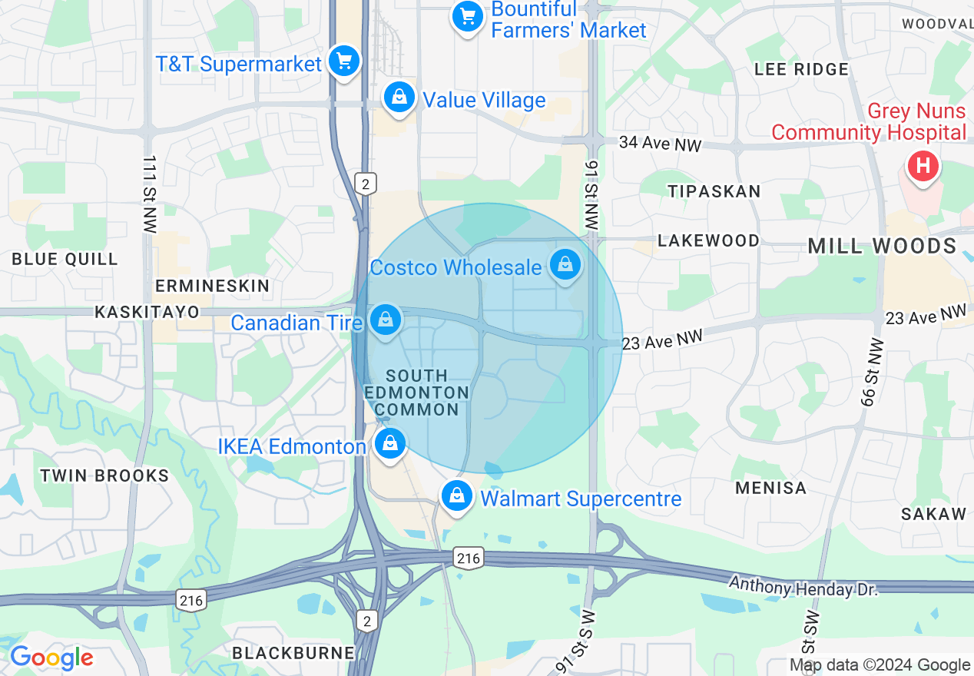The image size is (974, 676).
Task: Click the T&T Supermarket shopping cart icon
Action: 343,61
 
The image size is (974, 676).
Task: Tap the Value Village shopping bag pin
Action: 399,98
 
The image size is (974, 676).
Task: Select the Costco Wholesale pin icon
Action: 565,265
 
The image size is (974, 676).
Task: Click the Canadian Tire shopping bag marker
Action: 386,320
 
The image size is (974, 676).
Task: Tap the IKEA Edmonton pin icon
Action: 389,444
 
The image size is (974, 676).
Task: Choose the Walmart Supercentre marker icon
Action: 457,496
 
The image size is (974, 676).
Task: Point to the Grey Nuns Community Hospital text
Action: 868,122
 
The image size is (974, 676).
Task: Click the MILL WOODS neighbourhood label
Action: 882,247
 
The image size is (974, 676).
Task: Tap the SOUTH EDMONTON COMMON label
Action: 416,393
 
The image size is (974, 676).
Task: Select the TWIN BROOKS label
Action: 104,476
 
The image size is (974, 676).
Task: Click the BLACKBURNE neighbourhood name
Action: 293,653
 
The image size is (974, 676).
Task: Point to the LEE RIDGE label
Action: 801,69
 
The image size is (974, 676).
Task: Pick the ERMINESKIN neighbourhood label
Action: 212,287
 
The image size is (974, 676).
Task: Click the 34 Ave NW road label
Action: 660,143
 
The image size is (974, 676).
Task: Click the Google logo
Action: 51,658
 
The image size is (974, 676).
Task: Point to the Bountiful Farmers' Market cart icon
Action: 467,17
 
